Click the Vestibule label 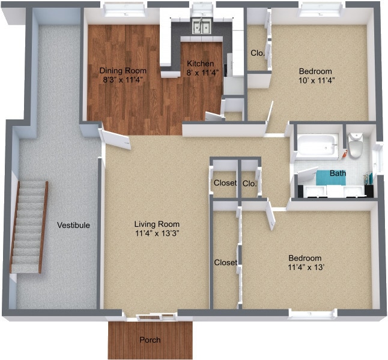pyautogui.click(x=73, y=225)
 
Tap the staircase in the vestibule pyautogui.click(x=29, y=227)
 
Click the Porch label pyautogui.click(x=150, y=340)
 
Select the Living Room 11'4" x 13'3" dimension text pyautogui.click(x=157, y=233)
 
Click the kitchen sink pyautogui.click(x=201, y=27)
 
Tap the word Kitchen pyautogui.click(x=199, y=64)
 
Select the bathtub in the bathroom pyautogui.click(x=317, y=145)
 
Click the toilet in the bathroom pyautogui.click(x=356, y=146)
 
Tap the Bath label pyautogui.click(x=338, y=173)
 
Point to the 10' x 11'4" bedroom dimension pyautogui.click(x=316, y=80)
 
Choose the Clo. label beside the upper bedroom pyautogui.click(x=258, y=52)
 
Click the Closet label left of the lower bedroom pyautogui.click(x=225, y=262)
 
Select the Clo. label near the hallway pyautogui.click(x=249, y=183)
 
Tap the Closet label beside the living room pyautogui.click(x=225, y=183)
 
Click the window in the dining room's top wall pyautogui.click(x=124, y=8)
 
